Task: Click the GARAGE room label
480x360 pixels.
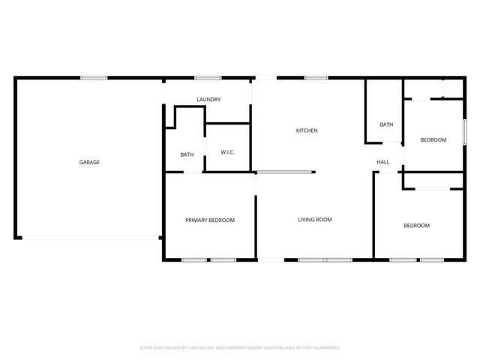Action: [x=90, y=162]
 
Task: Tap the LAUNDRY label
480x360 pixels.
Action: [x=208, y=100]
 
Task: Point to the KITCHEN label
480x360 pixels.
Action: [x=307, y=130]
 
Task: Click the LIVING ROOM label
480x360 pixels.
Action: [x=315, y=220]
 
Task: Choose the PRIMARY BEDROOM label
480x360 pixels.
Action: [x=210, y=220]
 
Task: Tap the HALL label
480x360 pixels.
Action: [x=383, y=162]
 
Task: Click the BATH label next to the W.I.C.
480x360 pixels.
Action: [x=187, y=155]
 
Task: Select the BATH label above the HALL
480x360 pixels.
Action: [x=386, y=124]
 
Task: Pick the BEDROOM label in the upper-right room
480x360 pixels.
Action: [x=433, y=140]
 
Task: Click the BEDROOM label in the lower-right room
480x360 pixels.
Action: [x=416, y=226]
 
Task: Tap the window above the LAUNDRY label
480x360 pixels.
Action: [x=207, y=77]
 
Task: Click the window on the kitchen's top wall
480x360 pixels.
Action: [x=316, y=77]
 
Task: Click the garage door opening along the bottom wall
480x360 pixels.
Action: [x=90, y=238]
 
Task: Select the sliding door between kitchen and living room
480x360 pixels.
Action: [x=285, y=173]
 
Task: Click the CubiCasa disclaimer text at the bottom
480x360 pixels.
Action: [x=240, y=348]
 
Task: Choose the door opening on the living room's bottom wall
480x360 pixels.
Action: [x=271, y=260]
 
